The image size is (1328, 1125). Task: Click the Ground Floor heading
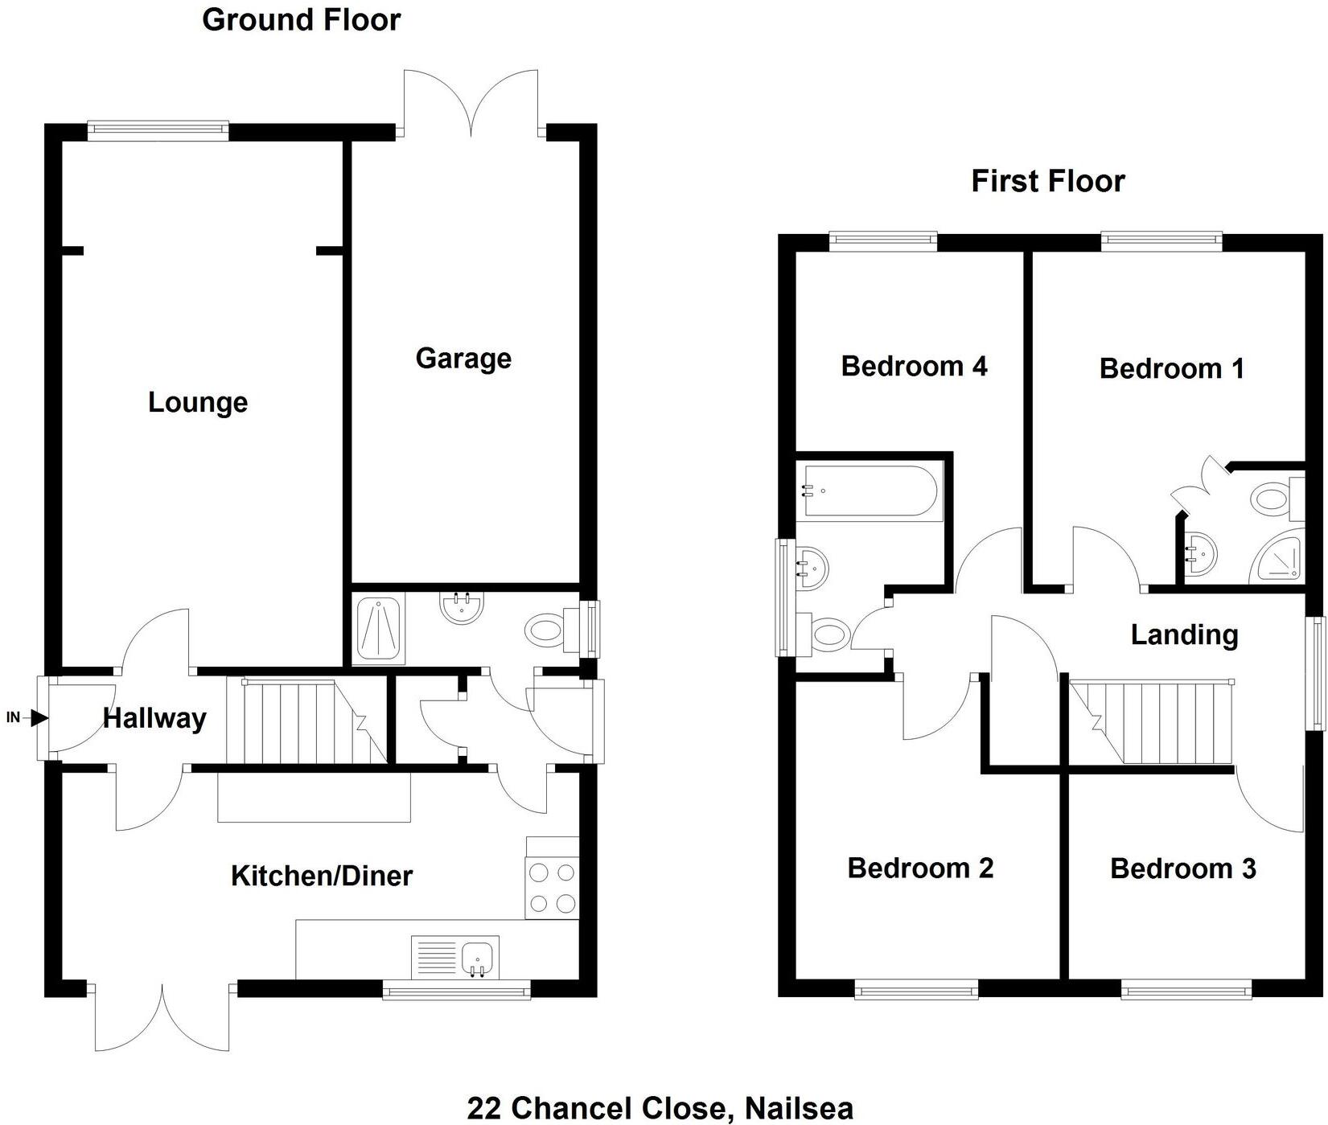[301, 19]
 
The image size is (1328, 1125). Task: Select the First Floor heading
[1047, 181]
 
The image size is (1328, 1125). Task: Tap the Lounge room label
[198, 402]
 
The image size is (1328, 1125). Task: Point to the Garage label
[463, 358]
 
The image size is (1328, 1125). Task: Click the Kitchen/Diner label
[321, 876]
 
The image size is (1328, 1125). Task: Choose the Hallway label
[154, 718]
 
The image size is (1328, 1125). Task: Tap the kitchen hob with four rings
[552, 888]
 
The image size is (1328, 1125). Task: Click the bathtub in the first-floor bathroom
[869, 491]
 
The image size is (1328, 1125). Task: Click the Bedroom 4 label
[914, 367]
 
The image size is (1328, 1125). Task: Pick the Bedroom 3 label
[1182, 868]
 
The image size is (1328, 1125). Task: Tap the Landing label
[1184, 634]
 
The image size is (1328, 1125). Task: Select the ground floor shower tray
[380, 629]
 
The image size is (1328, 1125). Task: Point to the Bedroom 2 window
[915, 990]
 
